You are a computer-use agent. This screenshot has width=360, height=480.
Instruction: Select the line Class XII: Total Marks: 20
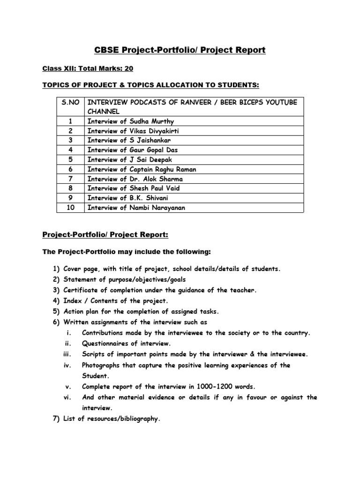(x=88, y=68)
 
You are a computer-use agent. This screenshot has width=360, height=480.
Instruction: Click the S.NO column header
(x=70, y=102)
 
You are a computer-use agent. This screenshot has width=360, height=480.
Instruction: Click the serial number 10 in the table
(x=70, y=208)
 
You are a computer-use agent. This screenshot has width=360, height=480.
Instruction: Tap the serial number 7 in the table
(x=70, y=179)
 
